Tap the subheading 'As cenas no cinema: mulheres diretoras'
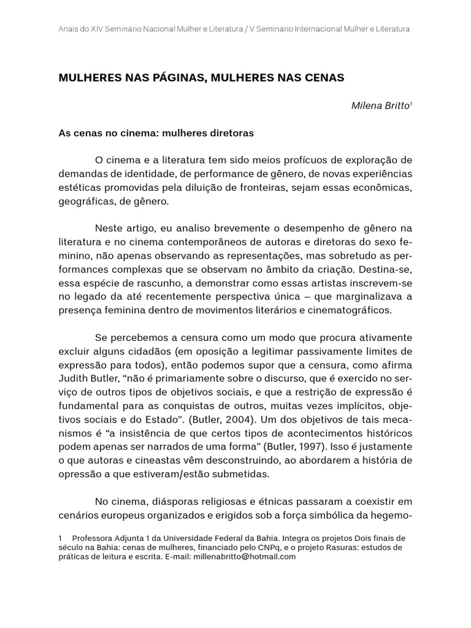[x=156, y=132]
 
